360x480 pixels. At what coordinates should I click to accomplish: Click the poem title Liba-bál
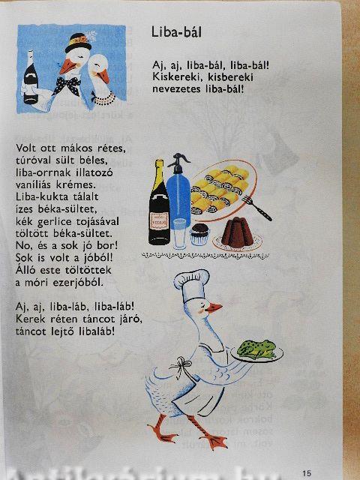(x=177, y=31)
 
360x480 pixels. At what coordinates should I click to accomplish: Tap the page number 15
(x=307, y=473)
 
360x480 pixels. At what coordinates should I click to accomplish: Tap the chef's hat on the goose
(x=192, y=285)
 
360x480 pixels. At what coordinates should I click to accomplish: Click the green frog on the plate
(x=256, y=349)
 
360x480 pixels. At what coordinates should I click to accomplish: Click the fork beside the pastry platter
(x=256, y=208)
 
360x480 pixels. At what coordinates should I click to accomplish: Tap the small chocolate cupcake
(x=199, y=234)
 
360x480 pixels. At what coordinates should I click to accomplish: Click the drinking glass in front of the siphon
(x=180, y=233)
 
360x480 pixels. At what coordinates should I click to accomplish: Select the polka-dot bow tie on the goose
(x=67, y=85)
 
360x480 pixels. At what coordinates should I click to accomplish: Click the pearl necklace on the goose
(x=104, y=98)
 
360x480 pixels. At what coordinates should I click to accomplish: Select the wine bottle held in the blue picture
(x=31, y=77)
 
